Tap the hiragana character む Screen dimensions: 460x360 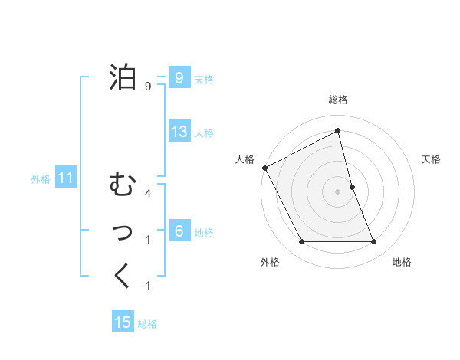[123, 185]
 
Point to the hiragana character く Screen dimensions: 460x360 [123, 276]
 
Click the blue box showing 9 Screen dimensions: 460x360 [179, 77]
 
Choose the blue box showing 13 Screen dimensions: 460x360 [179, 131]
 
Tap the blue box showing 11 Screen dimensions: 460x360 [65, 178]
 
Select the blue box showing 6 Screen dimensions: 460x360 [179, 231]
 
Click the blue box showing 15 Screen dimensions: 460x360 [123, 322]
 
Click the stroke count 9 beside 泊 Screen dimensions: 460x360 [148, 86]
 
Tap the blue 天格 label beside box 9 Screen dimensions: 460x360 [204, 80]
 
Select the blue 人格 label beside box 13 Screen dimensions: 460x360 [204, 133]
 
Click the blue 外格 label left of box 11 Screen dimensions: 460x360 [41, 180]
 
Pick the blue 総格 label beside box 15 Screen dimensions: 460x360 [147, 324]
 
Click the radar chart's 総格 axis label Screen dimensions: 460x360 [338, 100]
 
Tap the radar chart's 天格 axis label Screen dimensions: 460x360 [432, 159]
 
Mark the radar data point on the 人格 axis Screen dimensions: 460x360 [265, 168]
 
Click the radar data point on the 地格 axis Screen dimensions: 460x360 [374, 242]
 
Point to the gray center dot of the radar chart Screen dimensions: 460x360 [338, 191]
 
